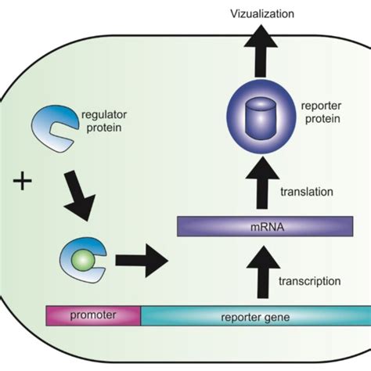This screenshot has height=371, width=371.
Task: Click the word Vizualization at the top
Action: [x=261, y=13]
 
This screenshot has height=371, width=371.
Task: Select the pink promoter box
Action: [x=93, y=315]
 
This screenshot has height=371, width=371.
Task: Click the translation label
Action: [x=307, y=191]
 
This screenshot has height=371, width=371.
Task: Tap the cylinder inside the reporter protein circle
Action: [x=261, y=121]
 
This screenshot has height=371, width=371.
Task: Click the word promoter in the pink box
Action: [x=93, y=315]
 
